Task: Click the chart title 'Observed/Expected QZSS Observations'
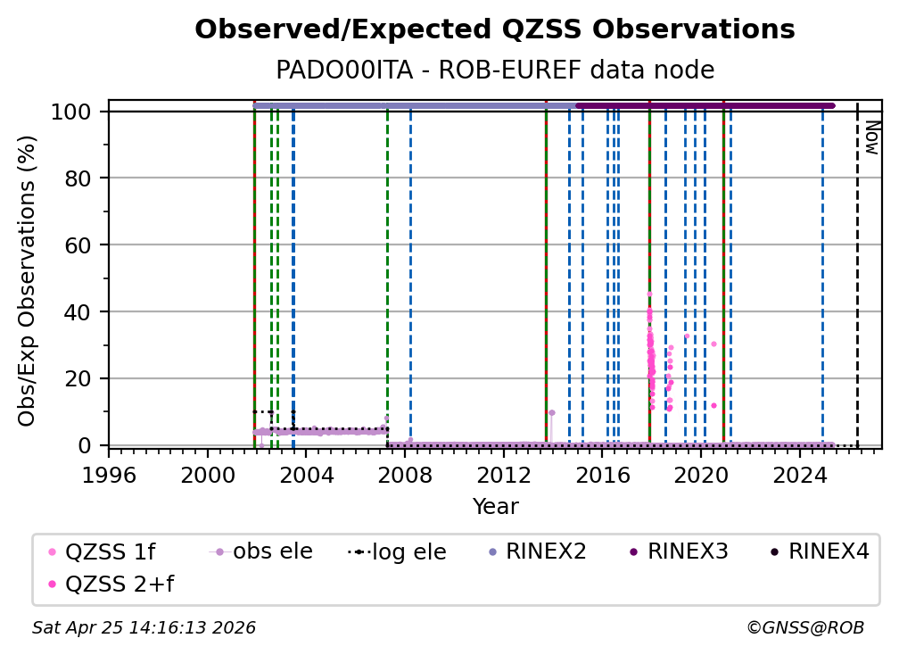tap(494, 29)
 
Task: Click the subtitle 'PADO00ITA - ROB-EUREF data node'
tap(494, 70)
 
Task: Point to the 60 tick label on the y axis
tap(85, 245)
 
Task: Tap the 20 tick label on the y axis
tap(85, 378)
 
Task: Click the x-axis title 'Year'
tap(495, 507)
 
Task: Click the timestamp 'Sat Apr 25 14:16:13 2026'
tap(144, 628)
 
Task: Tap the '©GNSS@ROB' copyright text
tap(804, 628)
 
